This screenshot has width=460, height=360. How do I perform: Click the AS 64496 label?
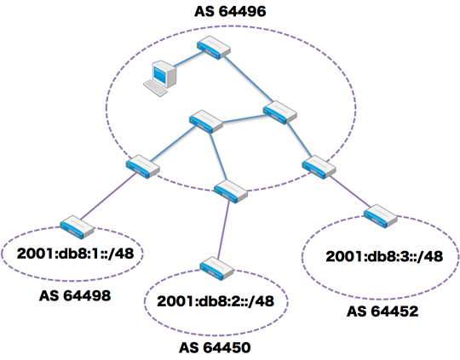click(x=230, y=11)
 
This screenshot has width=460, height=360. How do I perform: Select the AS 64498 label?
click(x=75, y=295)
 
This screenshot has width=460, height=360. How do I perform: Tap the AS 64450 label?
click(x=215, y=348)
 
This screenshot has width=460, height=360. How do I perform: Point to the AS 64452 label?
click(x=382, y=311)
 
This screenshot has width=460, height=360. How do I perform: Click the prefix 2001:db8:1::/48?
click(x=76, y=254)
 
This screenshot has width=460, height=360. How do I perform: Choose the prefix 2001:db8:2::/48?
click(x=216, y=301)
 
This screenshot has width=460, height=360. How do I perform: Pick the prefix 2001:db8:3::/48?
click(x=384, y=256)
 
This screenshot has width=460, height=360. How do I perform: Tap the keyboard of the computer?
click(x=155, y=88)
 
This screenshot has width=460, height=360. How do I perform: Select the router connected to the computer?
click(x=214, y=48)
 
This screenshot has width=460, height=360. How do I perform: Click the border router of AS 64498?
click(x=77, y=227)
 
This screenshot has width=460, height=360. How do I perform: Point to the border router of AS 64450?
click(x=217, y=269)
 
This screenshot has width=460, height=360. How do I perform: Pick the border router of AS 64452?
click(x=381, y=216)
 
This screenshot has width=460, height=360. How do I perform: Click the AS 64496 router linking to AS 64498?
click(x=143, y=167)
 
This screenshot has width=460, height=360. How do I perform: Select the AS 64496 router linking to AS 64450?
click(x=231, y=191)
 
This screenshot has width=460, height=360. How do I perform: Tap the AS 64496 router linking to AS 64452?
click(x=319, y=167)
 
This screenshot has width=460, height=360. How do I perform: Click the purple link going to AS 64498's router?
click(x=108, y=197)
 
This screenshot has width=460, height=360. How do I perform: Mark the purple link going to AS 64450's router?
click(x=223, y=230)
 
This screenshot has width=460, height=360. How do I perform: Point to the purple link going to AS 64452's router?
click(x=350, y=191)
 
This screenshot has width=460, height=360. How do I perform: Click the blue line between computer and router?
click(x=188, y=60)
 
